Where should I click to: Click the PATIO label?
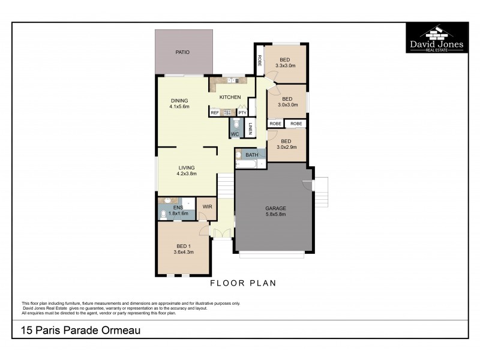[x=182, y=53]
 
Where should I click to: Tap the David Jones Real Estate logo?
[x=437, y=38]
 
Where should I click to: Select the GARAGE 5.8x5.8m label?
[x=275, y=211]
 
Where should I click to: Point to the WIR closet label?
[x=207, y=206]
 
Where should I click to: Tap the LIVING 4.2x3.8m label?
[x=187, y=170]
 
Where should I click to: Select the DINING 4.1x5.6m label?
[x=179, y=104]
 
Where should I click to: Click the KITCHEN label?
[x=230, y=97]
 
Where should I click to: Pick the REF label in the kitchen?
[x=214, y=112]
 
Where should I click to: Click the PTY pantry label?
[x=242, y=112]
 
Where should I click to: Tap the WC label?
[x=235, y=134]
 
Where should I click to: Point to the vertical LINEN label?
[x=250, y=128]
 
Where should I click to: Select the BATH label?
[x=252, y=155]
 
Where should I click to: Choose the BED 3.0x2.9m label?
[x=287, y=144]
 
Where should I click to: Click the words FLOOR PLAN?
[x=243, y=283]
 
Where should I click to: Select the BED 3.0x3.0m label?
[x=287, y=101]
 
